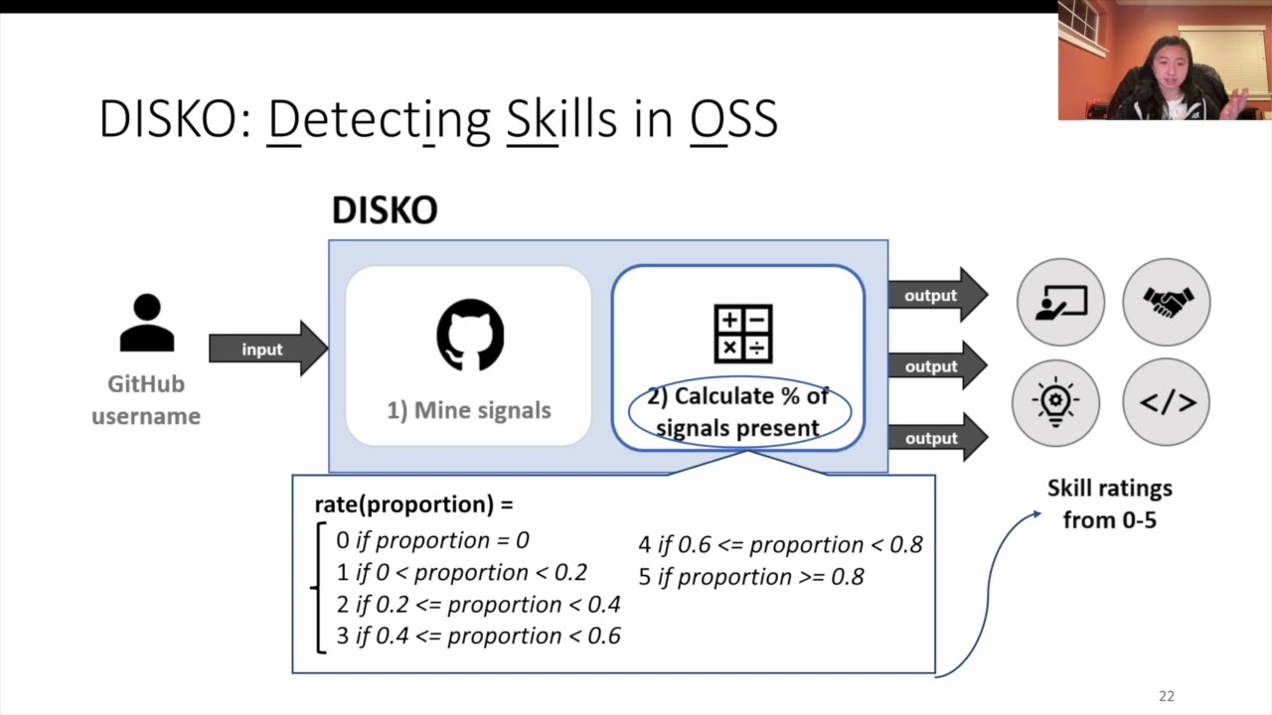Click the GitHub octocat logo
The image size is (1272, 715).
click(x=470, y=336)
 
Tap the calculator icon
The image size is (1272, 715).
click(x=742, y=334)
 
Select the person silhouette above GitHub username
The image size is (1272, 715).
click(x=147, y=324)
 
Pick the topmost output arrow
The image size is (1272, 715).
click(x=935, y=295)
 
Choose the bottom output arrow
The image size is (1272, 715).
click(x=935, y=438)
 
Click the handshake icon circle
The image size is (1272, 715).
click(x=1167, y=302)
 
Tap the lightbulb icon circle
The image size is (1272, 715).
click(x=1055, y=402)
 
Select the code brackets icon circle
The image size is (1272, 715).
click(x=1167, y=402)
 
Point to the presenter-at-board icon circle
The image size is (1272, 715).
click(x=1060, y=302)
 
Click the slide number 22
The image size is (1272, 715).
click(x=1167, y=696)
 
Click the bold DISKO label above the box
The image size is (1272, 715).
click(x=385, y=211)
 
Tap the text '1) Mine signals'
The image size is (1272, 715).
click(x=469, y=410)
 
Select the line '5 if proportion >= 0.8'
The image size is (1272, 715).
click(x=751, y=577)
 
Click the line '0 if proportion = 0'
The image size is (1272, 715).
click(x=432, y=540)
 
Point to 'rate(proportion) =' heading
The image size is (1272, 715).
click(x=413, y=504)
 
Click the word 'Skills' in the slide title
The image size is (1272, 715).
click(x=561, y=119)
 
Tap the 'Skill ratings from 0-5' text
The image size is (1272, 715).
click(x=1110, y=503)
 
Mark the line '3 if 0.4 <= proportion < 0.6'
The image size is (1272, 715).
click(x=478, y=636)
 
